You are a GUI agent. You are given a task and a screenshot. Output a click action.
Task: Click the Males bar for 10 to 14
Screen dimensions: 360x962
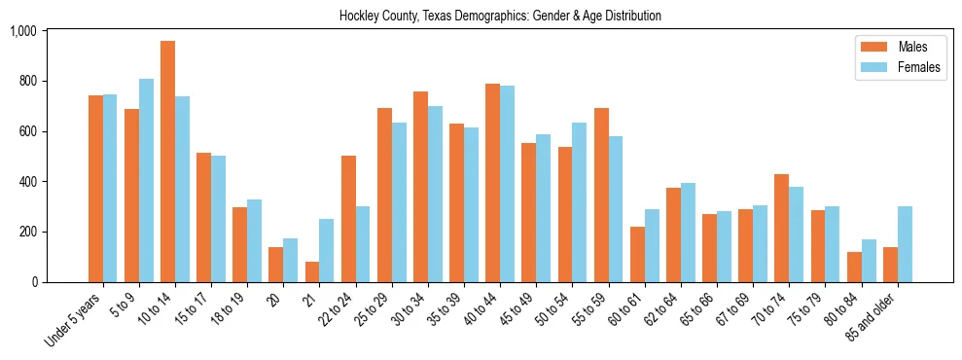(x=167, y=162)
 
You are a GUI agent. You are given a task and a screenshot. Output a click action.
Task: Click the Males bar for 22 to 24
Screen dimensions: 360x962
(x=348, y=219)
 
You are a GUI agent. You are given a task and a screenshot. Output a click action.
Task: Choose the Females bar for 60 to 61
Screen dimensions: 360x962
(x=652, y=245)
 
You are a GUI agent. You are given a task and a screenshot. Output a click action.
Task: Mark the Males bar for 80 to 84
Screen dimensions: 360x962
(x=854, y=267)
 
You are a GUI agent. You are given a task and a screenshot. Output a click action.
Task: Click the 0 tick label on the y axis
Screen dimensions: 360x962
(x=33, y=282)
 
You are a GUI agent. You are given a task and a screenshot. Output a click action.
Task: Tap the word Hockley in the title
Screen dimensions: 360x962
(x=358, y=16)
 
